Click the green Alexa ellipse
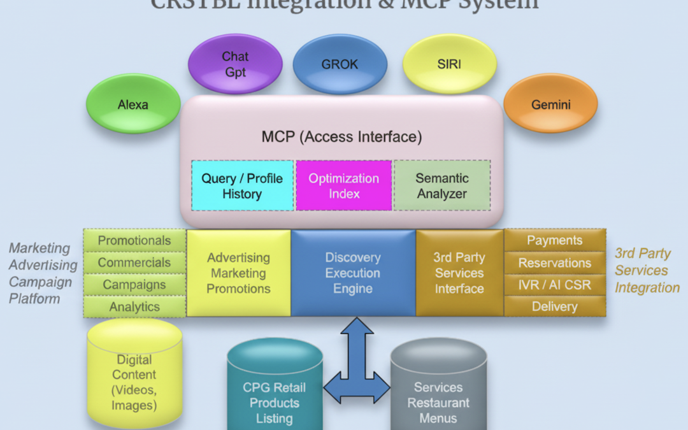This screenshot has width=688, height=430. pos(133,104)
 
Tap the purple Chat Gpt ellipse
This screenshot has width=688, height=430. pos(235,64)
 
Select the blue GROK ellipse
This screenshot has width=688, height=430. pos(340,64)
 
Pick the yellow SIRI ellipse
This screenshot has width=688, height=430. pos(449,64)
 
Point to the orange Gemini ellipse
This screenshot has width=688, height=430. pos(550,104)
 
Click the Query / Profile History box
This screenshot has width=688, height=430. pos(242,185)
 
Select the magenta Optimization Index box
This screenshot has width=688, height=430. pos(344,185)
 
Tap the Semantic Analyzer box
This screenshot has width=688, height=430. pos(442,185)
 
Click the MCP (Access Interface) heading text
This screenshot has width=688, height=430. pos(341,136)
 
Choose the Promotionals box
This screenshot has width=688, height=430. pos(134,241)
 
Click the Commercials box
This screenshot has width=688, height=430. pos(134,262)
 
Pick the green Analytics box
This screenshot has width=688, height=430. pos(134,306)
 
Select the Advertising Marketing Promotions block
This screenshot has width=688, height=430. pos(239,273)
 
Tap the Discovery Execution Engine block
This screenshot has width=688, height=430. pos(353,273)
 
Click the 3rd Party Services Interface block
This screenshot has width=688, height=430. pos(459,273)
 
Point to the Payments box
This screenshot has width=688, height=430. pos(555,241)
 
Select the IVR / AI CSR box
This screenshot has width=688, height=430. pos(555,285)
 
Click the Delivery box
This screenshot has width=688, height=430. pos(555,306)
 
